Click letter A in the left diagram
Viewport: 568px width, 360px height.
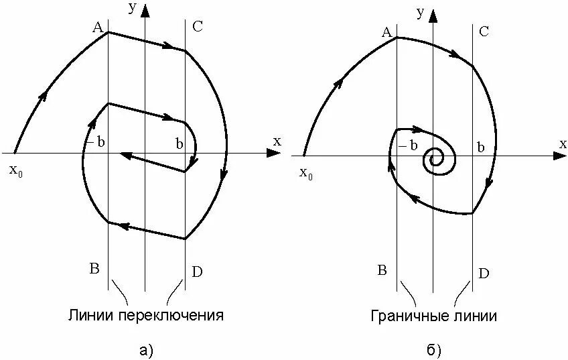pyautogui.click(x=97, y=27)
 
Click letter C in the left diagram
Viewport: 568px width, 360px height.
pyautogui.click(x=197, y=27)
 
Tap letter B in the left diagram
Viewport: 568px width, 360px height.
pyautogui.click(x=94, y=269)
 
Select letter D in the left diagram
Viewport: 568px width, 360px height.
pyautogui.click(x=197, y=272)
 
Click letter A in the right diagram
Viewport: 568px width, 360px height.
pyautogui.click(x=386, y=32)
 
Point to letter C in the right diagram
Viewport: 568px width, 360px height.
pyautogui.click(x=484, y=32)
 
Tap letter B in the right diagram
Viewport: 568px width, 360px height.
pyautogui.click(x=382, y=270)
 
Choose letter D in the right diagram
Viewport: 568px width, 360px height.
pyautogui.click(x=484, y=273)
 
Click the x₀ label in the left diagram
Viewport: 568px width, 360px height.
pyautogui.click(x=16, y=170)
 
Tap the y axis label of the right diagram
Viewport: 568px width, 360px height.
pyautogui.click(x=419, y=11)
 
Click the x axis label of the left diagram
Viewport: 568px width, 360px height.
pyautogui.click(x=277, y=141)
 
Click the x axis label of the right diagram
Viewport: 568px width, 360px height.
pyautogui.click(x=563, y=143)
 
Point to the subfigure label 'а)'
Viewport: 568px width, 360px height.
pyautogui.click(x=145, y=349)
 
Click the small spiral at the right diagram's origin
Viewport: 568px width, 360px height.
pyautogui.click(x=437, y=158)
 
